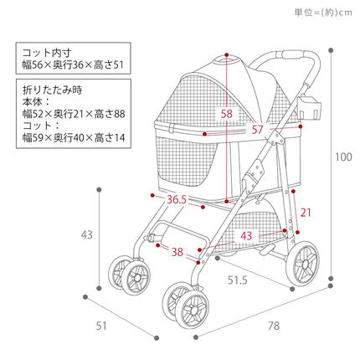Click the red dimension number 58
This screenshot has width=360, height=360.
(x=227, y=114)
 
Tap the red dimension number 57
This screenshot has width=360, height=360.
(x=257, y=130)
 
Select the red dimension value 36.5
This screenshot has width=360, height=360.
(x=177, y=200)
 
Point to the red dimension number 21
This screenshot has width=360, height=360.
(x=306, y=213)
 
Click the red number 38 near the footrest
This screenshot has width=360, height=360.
(x=177, y=252)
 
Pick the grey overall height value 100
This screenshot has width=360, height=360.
(x=343, y=157)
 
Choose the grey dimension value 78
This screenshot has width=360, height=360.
(x=274, y=326)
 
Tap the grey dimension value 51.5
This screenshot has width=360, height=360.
(x=238, y=280)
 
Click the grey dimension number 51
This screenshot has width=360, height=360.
(x=101, y=326)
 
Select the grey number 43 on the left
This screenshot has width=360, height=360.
(x=87, y=234)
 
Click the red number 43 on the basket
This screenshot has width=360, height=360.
(x=246, y=236)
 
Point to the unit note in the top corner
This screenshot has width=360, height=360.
(x=323, y=13)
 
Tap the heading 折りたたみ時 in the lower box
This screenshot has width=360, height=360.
(x=52, y=90)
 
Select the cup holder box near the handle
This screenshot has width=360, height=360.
(x=310, y=107)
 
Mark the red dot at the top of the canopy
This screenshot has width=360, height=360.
(x=227, y=55)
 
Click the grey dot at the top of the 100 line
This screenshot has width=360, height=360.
(x=331, y=50)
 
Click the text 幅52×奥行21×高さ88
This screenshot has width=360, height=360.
(x=74, y=114)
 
